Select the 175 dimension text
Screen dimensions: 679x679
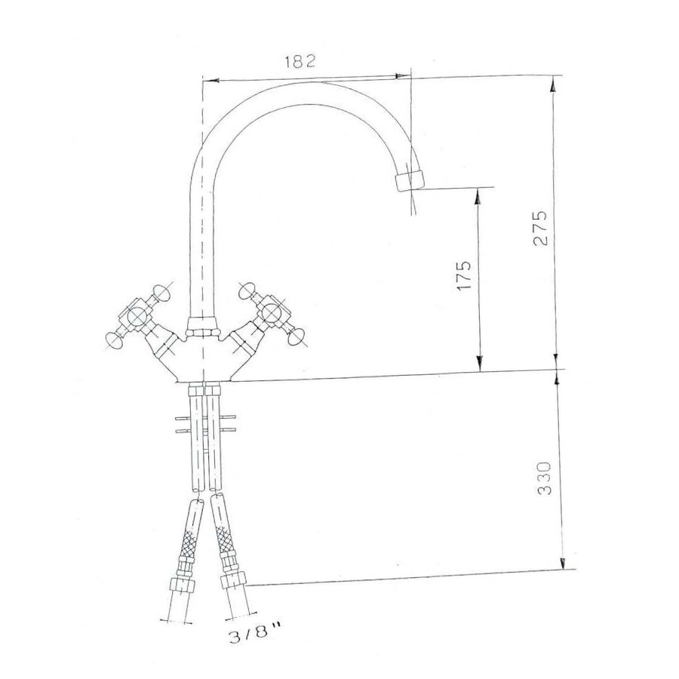coord(463,277)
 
